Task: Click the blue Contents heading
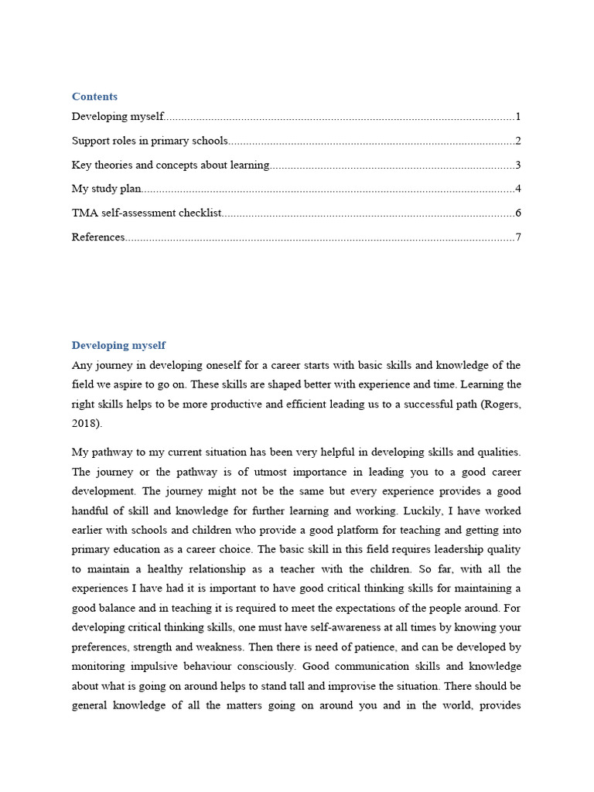click(x=94, y=97)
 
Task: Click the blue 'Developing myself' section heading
click(x=118, y=346)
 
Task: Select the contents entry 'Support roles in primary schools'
click(x=149, y=141)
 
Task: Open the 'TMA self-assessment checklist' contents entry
click(x=146, y=213)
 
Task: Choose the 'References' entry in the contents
click(x=98, y=237)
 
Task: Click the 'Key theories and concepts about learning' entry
click(x=170, y=165)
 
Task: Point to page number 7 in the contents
click(x=518, y=237)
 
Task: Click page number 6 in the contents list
click(x=518, y=213)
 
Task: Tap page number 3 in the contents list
click(x=518, y=165)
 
